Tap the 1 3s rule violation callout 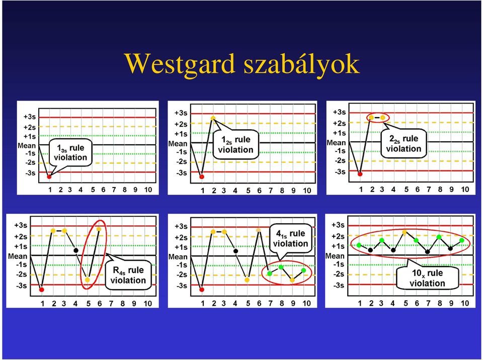[x=70, y=152]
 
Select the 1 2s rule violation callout [x=235, y=145]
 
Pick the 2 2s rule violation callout [x=404, y=143]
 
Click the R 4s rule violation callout [x=128, y=275]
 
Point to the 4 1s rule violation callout [x=290, y=238]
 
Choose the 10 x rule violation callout [x=427, y=278]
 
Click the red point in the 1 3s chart [x=49, y=176]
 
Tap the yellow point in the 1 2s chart [x=213, y=118]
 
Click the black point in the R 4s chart [x=76, y=250]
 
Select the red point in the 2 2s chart [x=360, y=174]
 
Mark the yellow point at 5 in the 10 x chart [x=405, y=232]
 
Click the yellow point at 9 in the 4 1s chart [x=292, y=280]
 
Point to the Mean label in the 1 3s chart [x=27, y=145]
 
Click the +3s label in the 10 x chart [x=338, y=225]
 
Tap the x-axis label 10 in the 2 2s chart [x=464, y=189]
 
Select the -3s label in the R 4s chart [x=21, y=285]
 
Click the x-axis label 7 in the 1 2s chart [x=271, y=191]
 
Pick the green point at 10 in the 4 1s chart [x=303, y=270]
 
